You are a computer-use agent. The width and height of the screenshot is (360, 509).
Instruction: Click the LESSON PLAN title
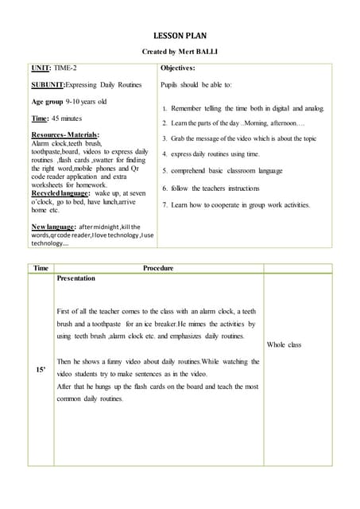click(x=180, y=36)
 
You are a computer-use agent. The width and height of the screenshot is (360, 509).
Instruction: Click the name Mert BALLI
click(x=196, y=52)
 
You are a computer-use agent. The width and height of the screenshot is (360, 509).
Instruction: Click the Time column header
click(x=41, y=268)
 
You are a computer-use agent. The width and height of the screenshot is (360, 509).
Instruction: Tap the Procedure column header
click(x=157, y=268)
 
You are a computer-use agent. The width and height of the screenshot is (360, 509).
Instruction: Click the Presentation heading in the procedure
click(x=76, y=278)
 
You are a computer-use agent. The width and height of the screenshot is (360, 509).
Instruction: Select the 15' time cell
click(x=41, y=370)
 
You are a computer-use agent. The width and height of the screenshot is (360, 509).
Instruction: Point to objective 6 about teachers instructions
click(x=215, y=188)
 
